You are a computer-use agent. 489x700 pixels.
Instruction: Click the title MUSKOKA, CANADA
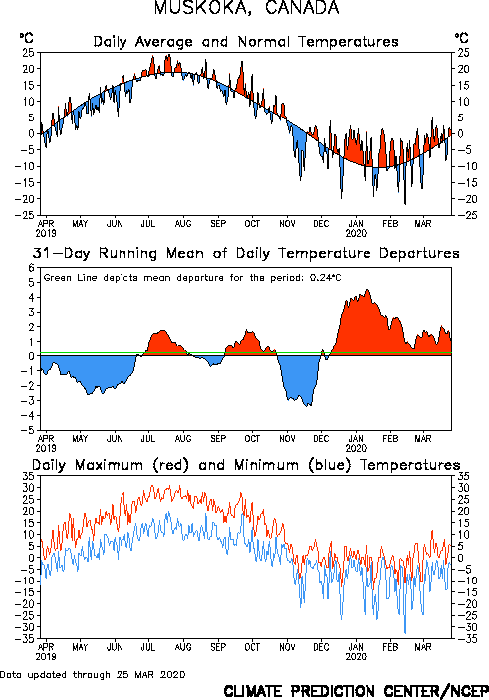coord(247,8)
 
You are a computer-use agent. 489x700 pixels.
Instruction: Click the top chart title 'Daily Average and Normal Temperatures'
coord(246,42)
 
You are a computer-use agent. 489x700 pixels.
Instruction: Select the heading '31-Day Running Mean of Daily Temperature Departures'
coord(246,253)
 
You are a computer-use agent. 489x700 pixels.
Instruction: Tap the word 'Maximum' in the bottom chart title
coord(109,465)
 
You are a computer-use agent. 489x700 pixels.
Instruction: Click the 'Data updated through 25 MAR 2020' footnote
coord(93,674)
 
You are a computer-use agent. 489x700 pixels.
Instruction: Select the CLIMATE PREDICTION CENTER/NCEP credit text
coord(356,691)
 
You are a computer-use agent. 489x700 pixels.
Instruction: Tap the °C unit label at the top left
coord(26,38)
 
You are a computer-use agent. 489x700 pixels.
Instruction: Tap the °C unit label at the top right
coord(461,38)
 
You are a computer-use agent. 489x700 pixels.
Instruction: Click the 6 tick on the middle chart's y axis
coord(31,268)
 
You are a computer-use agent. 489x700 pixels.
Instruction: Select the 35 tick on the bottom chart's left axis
coord(29,476)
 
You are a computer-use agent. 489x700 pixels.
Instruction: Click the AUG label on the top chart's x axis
coord(183,223)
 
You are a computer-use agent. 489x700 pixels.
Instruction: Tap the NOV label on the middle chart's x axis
coord(287,439)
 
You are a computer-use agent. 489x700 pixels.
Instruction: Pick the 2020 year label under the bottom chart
coord(356,657)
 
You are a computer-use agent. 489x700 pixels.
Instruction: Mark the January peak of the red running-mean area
coord(367,289)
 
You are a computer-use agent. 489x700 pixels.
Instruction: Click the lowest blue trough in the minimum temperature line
coord(405,633)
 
